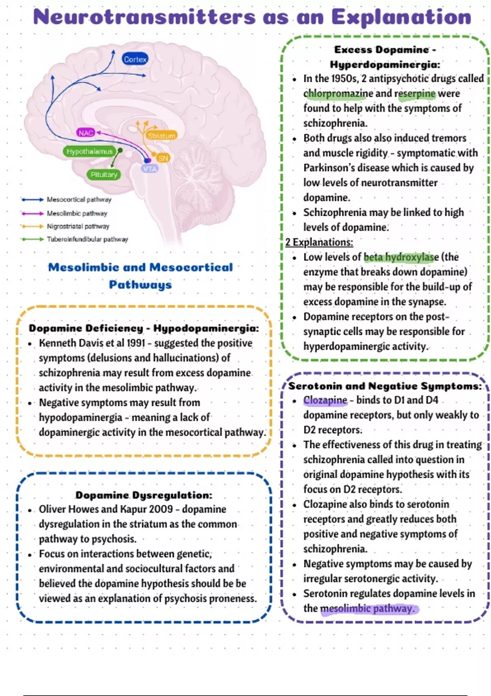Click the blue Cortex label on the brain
(x=135, y=59)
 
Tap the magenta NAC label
(x=86, y=133)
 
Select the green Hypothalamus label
(x=90, y=151)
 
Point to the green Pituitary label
(x=104, y=175)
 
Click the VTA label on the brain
(x=150, y=169)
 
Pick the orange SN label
(x=163, y=158)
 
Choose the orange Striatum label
(x=162, y=136)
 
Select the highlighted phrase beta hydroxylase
(x=401, y=257)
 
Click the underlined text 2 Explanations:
(x=319, y=242)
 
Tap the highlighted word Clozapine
(x=325, y=400)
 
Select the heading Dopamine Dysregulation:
(x=144, y=495)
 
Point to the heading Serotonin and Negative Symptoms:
(x=385, y=386)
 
